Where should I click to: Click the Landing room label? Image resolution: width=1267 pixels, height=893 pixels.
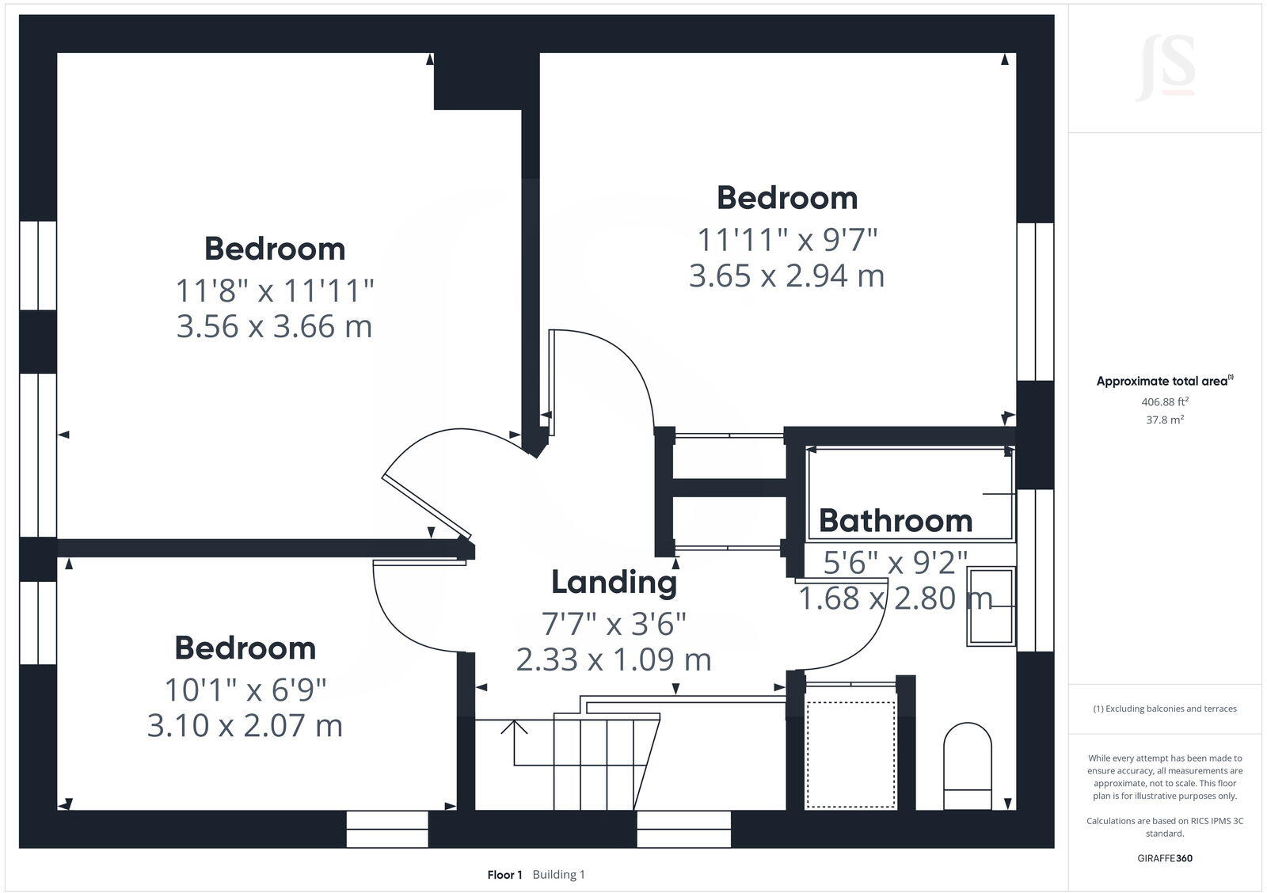[614, 582]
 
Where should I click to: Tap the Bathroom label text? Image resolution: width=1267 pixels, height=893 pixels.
[895, 521]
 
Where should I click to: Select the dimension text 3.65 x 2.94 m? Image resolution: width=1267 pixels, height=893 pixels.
[786, 275]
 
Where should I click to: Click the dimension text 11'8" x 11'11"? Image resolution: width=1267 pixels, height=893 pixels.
[274, 291]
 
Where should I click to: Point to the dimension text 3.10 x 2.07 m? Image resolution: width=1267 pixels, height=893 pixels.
[245, 725]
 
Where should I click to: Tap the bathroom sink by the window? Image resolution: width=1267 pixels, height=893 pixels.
[991, 606]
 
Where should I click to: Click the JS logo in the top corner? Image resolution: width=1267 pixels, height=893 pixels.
[1165, 69]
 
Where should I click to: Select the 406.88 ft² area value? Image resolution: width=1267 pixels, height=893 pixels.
[1164, 401]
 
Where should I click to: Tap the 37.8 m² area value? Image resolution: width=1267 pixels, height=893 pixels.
[1164, 420]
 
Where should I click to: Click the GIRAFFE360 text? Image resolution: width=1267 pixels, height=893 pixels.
[1164, 858]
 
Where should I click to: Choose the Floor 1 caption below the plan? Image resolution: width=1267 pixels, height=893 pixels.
[504, 875]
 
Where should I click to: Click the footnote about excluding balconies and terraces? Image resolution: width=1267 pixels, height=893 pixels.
[1164, 709]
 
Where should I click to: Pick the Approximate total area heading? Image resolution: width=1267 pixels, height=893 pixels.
[1162, 381]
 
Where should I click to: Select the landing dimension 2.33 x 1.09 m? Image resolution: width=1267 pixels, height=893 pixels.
[614, 659]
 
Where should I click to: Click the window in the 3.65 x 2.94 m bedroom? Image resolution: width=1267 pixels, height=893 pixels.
[1035, 301]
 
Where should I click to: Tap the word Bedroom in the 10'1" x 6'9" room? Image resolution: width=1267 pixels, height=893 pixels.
[245, 648]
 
